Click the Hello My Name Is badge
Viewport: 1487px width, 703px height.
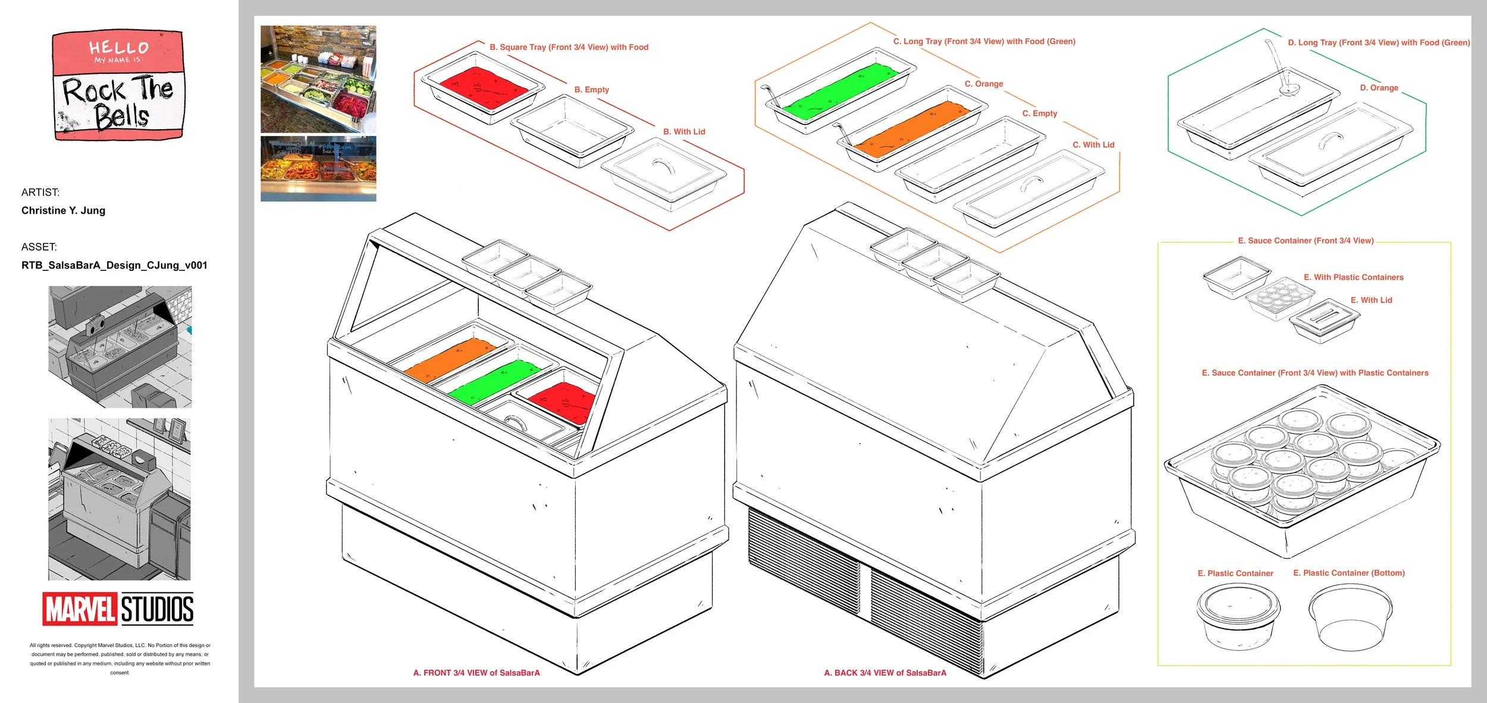(118, 85)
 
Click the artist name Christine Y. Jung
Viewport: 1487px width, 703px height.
(63, 210)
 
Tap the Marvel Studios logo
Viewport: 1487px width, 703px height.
(118, 608)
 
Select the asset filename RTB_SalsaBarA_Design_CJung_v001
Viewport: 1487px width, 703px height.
(114, 265)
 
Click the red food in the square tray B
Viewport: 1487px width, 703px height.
(484, 87)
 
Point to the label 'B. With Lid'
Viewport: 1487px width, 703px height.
(684, 132)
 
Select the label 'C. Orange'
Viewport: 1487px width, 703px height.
(984, 84)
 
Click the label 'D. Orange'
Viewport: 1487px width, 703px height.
(1379, 88)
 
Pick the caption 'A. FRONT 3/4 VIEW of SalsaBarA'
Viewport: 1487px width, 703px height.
(476, 673)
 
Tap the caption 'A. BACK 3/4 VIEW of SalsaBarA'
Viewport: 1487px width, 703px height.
(884, 673)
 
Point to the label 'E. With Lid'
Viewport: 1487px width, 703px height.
(1371, 300)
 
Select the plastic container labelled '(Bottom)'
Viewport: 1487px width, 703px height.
(1350, 618)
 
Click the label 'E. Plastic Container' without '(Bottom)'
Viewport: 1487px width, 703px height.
(1235, 573)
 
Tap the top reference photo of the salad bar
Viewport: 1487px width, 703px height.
(318, 79)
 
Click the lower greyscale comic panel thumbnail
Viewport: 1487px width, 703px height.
(120, 499)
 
